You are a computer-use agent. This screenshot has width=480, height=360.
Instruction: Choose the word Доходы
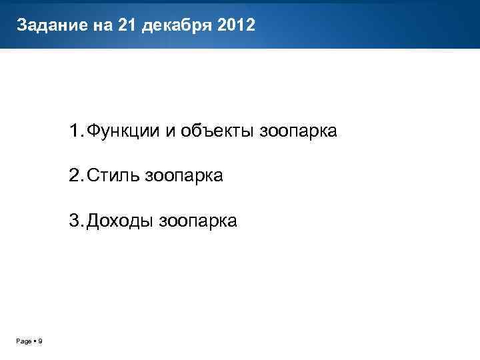click(120, 221)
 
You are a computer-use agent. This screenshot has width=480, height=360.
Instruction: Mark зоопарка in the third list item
click(198, 221)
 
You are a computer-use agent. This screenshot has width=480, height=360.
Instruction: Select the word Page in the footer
click(23, 341)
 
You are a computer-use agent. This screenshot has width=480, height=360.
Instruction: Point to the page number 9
click(40, 341)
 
